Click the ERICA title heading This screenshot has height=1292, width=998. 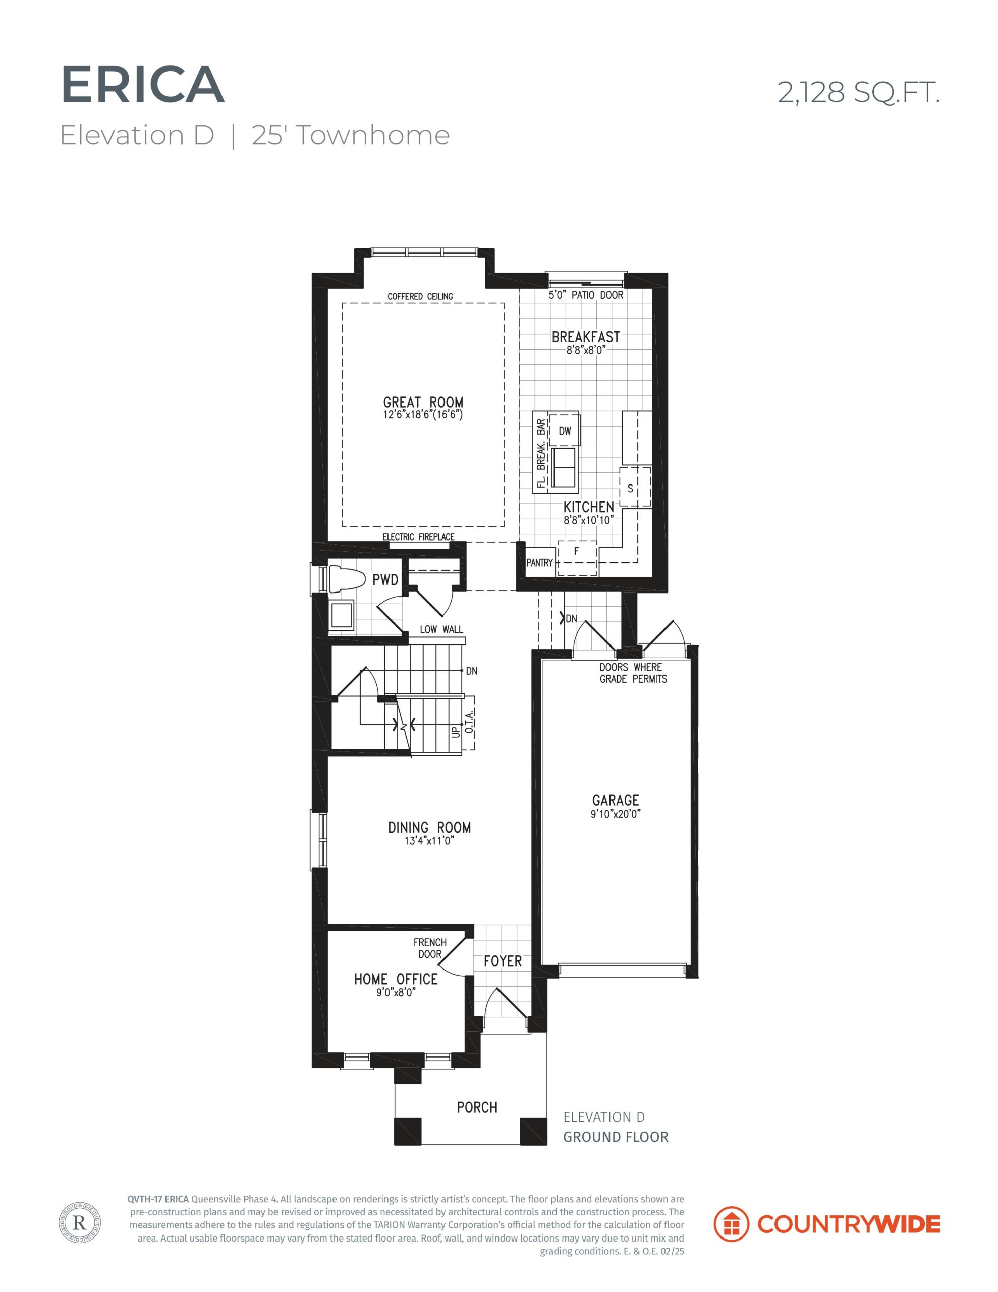point(143,86)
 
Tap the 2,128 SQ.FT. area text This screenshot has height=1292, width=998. point(858,93)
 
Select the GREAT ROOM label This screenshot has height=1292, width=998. point(423,403)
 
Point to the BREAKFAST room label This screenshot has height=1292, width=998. point(586,337)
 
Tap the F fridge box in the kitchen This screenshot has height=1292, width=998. point(577,557)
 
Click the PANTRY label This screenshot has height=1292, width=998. point(539,563)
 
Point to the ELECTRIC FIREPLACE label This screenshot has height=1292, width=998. point(418,537)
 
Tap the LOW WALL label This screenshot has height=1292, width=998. point(441,629)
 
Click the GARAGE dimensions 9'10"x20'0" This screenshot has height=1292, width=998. point(615,814)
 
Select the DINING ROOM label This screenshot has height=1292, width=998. point(429,827)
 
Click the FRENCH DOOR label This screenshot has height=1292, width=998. point(430,948)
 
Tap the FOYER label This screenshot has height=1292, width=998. point(503,961)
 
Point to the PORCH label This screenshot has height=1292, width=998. point(477,1107)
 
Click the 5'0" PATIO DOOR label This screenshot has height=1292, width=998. point(586,295)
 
